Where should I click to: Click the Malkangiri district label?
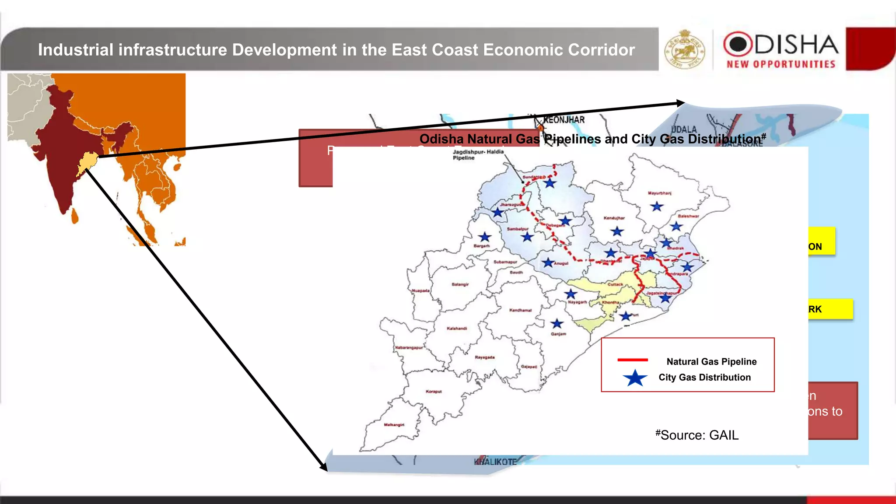(x=394, y=425)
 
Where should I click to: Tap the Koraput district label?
(x=434, y=392)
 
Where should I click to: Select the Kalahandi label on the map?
(x=457, y=328)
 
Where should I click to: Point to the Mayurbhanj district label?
(x=659, y=193)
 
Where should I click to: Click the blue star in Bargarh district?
(x=484, y=237)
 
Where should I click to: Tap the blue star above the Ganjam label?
(x=556, y=324)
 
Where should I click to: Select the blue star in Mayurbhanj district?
(x=656, y=206)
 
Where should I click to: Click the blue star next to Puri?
(x=626, y=316)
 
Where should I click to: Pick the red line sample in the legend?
(x=632, y=360)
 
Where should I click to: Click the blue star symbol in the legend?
(x=635, y=378)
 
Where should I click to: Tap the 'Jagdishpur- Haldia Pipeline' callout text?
(x=478, y=155)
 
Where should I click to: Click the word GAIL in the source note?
(x=724, y=435)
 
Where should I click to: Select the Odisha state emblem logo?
(x=685, y=49)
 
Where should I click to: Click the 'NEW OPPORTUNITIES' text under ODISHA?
(x=781, y=64)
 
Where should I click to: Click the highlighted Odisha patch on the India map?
(x=88, y=161)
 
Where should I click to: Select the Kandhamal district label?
(x=520, y=310)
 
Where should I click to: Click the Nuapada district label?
(x=420, y=290)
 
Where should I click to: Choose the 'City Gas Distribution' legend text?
(x=704, y=378)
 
